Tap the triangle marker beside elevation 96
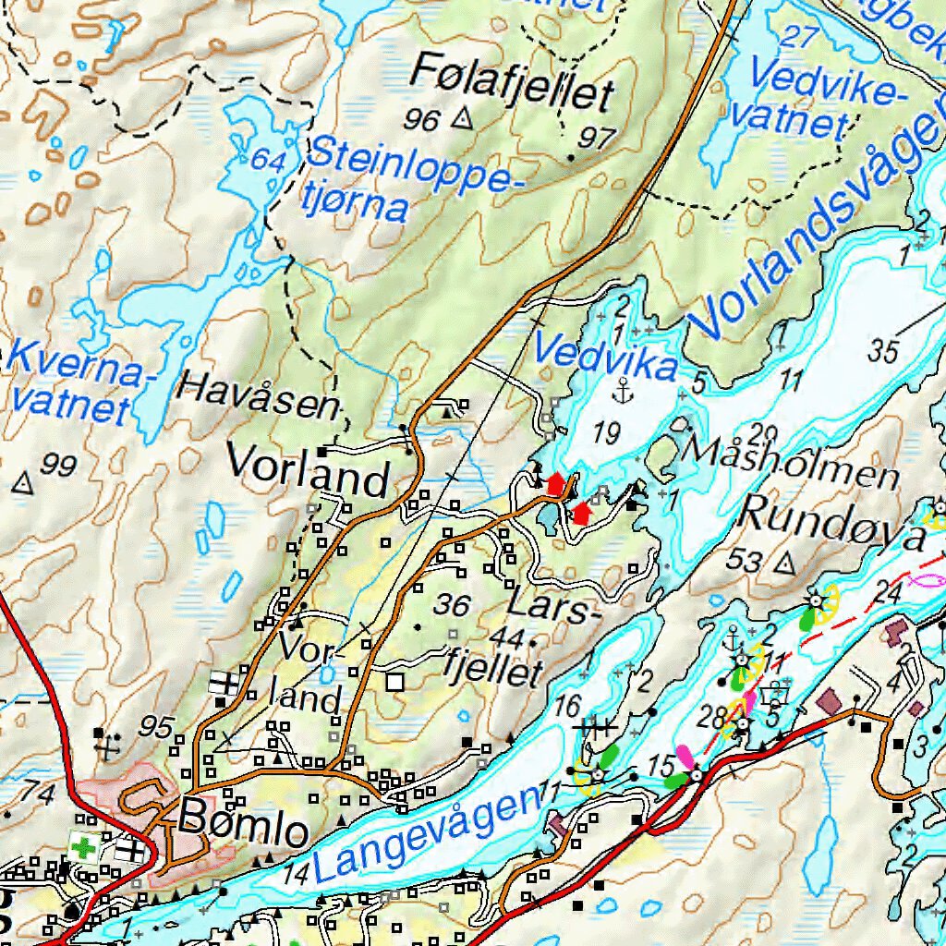point(463,118)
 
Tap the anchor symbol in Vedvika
point(625,390)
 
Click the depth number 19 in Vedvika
point(606,431)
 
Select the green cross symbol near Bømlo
point(82,846)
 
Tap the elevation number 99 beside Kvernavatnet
point(58,467)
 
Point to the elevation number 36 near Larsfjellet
point(453,605)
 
